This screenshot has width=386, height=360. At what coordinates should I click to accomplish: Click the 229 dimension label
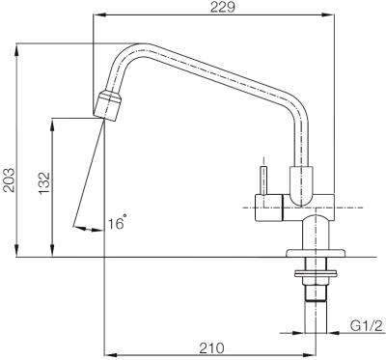point(223,7)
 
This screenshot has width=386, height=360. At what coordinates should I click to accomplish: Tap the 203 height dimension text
point(9,180)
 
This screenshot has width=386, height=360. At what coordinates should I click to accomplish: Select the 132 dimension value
point(44,183)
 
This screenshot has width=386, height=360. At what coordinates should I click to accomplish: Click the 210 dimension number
point(211,347)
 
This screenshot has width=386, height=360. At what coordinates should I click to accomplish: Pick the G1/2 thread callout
point(367,326)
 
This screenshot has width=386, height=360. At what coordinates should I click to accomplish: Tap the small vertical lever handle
point(264,180)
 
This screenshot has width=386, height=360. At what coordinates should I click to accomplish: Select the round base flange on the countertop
point(316,253)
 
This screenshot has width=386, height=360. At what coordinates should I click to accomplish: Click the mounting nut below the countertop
point(316,274)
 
